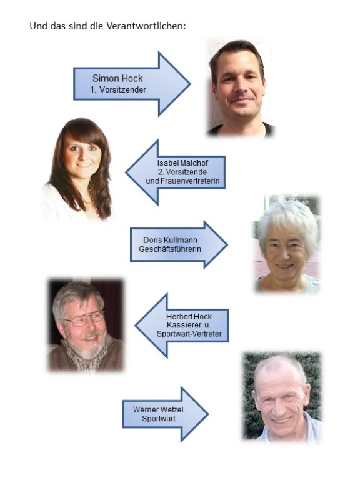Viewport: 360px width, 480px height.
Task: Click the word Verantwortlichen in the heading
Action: pos(146,26)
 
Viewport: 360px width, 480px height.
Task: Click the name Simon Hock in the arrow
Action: pos(117,78)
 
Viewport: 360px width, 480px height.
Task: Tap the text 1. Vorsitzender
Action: pos(118,90)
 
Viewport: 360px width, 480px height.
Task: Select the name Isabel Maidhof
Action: pos(182,163)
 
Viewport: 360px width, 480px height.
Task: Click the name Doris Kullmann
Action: pos(170,240)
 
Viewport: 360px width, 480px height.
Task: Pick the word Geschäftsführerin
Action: pos(170,249)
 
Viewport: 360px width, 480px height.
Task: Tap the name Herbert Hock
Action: pos(189,316)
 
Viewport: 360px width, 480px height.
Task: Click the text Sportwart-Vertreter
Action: pos(189,334)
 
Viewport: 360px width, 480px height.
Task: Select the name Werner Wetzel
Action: pos(158,409)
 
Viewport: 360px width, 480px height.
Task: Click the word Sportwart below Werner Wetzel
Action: pos(159,419)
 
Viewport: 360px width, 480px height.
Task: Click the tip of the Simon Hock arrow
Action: pos(191,84)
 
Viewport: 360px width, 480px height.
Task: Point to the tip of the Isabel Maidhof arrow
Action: pos(126,172)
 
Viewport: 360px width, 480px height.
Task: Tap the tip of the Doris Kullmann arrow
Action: pos(227,244)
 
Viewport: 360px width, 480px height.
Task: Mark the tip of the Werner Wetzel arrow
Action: pos(209,414)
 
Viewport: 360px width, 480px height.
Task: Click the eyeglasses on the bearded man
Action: pos(85,319)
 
